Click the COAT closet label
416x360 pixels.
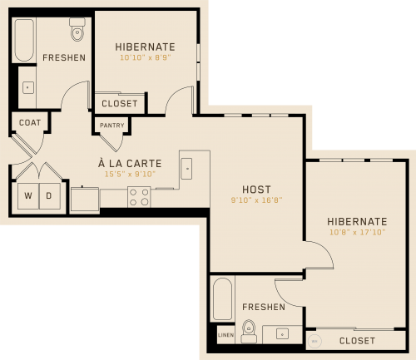pos(30,122)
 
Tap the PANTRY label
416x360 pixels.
pos(112,126)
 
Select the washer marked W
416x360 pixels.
pos(28,196)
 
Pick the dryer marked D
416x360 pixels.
pos(49,196)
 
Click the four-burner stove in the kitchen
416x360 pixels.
pos(139,197)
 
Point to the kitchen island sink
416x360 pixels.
pos(186,169)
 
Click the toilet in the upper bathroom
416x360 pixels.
pos(77,29)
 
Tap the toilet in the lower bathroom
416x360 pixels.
pos(249,332)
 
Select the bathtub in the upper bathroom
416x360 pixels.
pos(24,40)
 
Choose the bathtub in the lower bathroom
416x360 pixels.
pos(222,298)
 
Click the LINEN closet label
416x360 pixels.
pos(225,335)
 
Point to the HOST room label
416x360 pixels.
pos(256,190)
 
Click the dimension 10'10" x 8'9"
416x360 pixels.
pos(146,57)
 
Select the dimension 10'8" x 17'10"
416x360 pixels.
pos(357,232)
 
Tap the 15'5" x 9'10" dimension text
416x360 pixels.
pos(130,174)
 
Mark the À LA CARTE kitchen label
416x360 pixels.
pos(130,163)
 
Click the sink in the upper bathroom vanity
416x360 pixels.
pos(28,87)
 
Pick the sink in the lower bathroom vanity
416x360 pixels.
pos(282,334)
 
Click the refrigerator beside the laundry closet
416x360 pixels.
pos(85,200)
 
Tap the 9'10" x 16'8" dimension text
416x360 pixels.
pos(256,200)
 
